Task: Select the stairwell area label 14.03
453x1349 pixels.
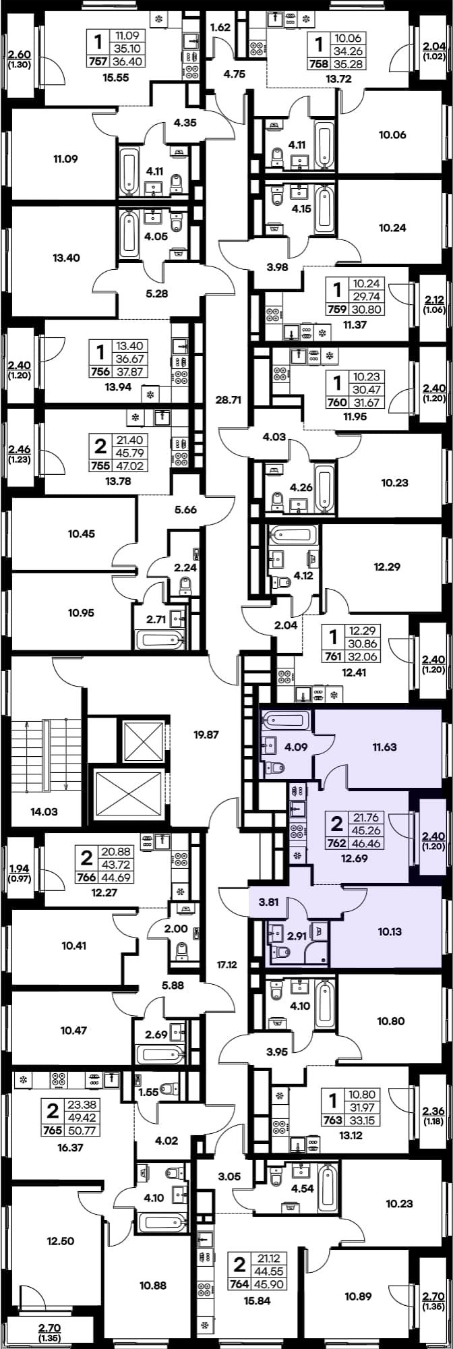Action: click(44, 811)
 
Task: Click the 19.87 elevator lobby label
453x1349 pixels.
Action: click(206, 735)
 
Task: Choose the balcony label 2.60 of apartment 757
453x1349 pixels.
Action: click(18, 55)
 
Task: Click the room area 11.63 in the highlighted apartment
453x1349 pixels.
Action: click(384, 747)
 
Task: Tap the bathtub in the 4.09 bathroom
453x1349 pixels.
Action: click(286, 720)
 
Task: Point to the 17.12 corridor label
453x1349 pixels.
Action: click(227, 965)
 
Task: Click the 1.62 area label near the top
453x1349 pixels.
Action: click(220, 28)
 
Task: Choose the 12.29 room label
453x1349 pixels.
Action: click(387, 567)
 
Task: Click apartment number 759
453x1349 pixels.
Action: click(336, 310)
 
